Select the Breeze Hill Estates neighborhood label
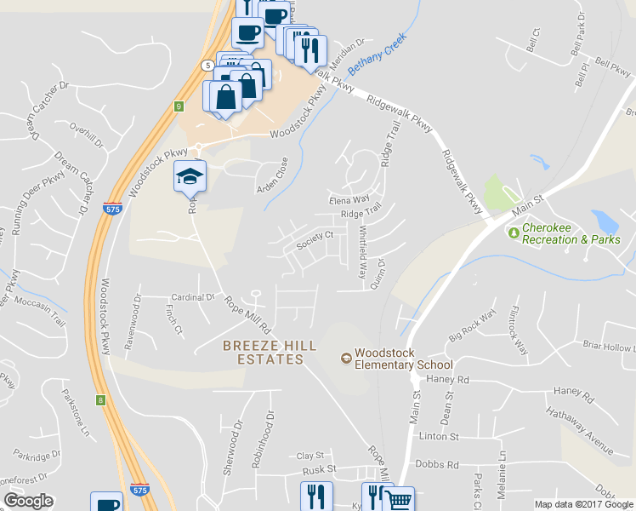coord(264,352)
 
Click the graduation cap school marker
coord(190,176)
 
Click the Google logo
coord(28,501)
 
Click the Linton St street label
coord(439,436)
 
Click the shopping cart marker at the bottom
coord(398,499)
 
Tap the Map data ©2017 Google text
coord(583,504)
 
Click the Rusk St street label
coord(320,469)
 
